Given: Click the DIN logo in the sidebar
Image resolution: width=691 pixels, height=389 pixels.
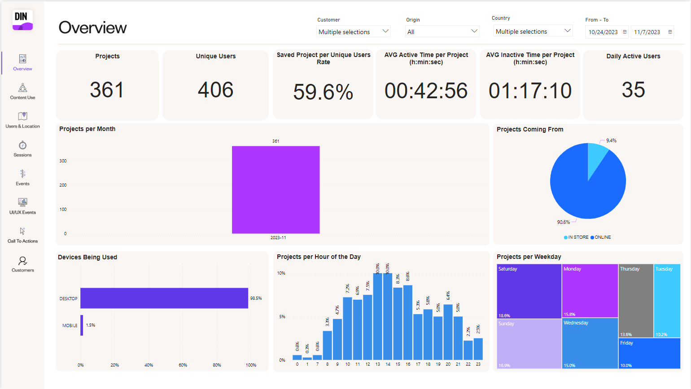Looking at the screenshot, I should coord(22,20).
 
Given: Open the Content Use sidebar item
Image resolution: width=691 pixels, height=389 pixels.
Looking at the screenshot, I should coord(22,91).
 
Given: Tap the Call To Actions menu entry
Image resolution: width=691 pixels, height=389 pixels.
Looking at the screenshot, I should coord(22,235).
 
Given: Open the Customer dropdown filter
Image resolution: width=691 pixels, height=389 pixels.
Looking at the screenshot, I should coord(353,31).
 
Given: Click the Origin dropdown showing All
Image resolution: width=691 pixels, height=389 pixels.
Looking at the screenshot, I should coord(442,31).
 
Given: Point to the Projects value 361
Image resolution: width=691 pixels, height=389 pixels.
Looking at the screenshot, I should coord(107,90).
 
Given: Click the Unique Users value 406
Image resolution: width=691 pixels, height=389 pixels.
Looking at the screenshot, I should coord(215,90).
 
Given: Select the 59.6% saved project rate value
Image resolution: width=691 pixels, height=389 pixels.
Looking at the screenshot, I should coord(323,92).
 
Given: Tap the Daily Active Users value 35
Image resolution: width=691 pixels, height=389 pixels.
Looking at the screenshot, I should coord(633,90).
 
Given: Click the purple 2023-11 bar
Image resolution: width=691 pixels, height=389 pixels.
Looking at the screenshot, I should coord(276,189).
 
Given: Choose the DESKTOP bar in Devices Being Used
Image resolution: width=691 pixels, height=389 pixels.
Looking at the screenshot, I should coord(164,298).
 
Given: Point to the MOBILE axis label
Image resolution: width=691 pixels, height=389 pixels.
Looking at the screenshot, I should coord(70,325).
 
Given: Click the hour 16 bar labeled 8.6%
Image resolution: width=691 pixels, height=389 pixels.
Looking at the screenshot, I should coord(408,322).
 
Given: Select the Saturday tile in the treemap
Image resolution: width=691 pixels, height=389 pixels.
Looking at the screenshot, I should coord(529,291).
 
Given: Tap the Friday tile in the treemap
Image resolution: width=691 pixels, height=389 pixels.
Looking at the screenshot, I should coord(649,353).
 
